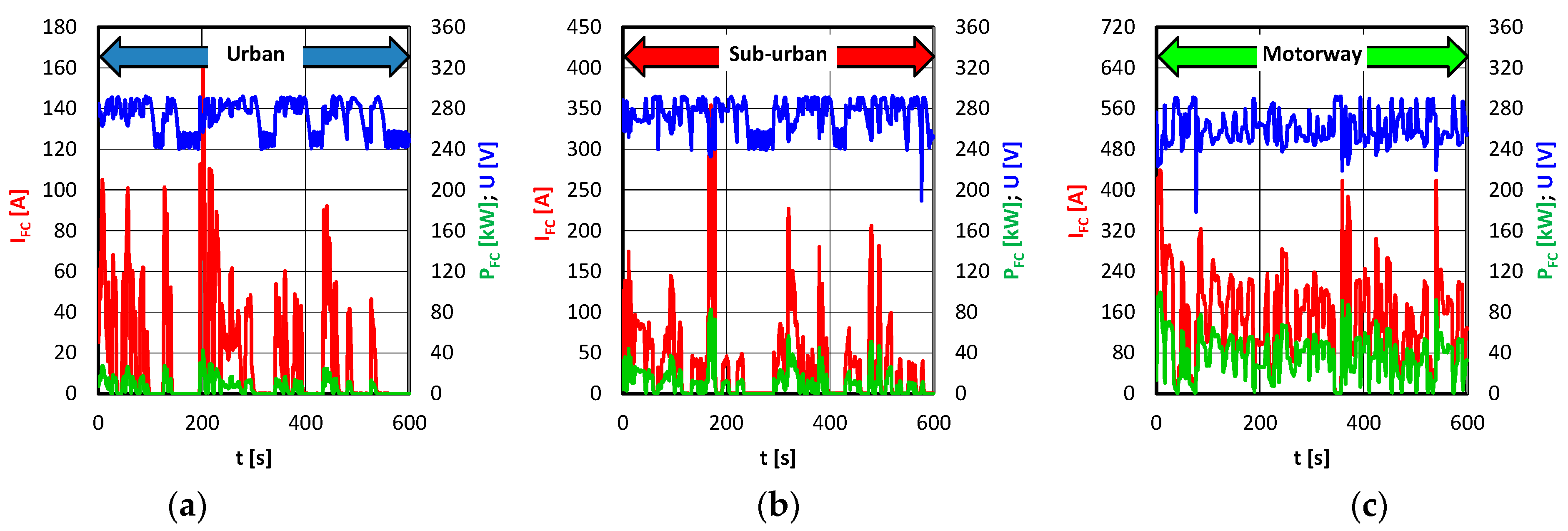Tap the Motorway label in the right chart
1312,54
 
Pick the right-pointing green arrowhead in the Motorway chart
1457,57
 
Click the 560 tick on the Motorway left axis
1118,108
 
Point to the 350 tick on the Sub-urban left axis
584,108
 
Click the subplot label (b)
778,506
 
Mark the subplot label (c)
1369,506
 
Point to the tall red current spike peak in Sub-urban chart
711,107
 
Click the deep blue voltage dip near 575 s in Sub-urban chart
922,198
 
